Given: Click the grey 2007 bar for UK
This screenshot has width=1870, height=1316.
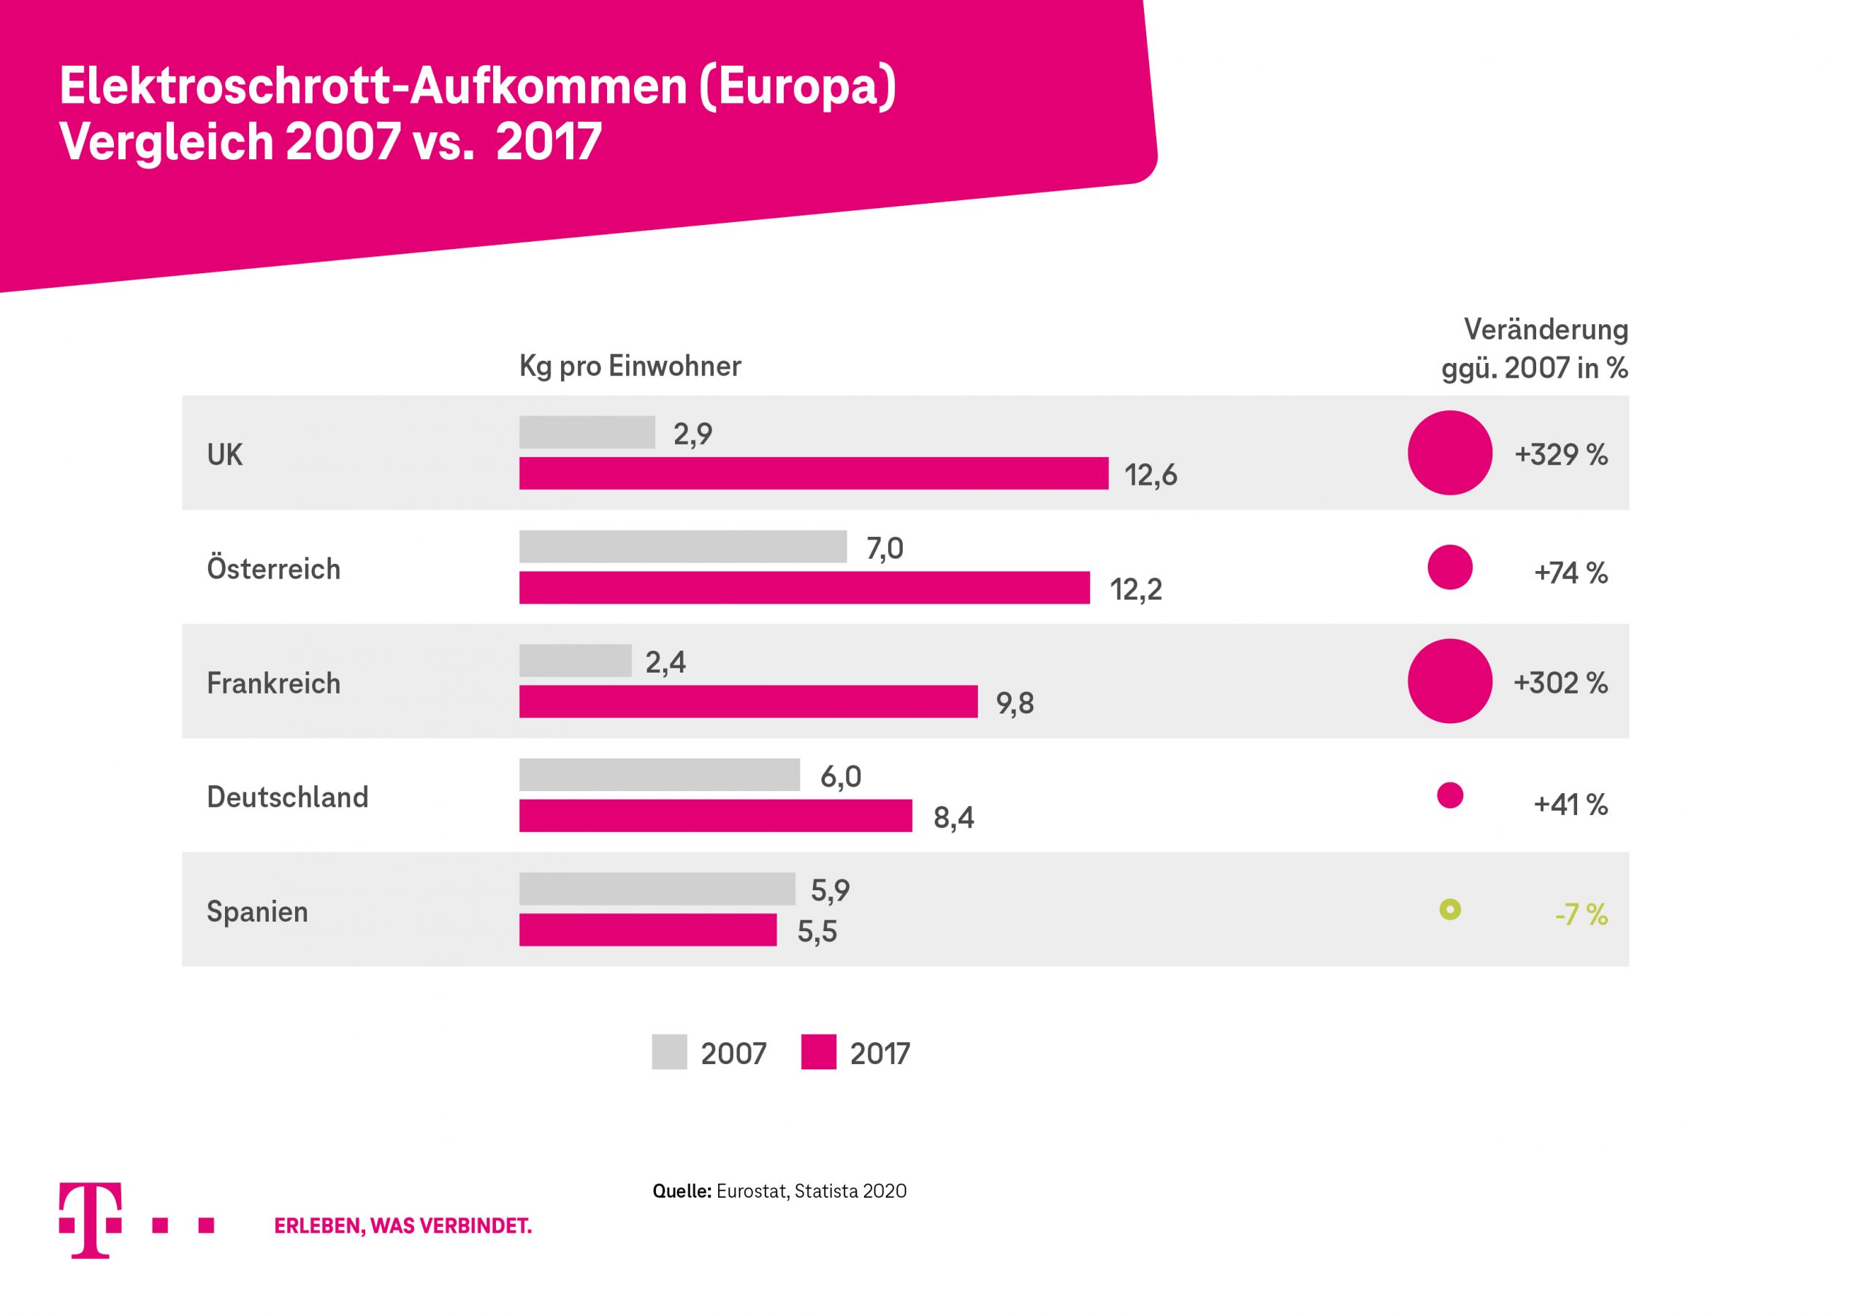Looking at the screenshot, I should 587,432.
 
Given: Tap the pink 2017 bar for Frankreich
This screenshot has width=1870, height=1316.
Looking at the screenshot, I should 748,701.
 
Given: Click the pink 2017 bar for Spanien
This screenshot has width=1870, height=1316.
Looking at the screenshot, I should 647,929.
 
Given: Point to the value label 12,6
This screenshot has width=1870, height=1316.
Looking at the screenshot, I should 1150,475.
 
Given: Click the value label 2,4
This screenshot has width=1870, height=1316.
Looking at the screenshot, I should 665,662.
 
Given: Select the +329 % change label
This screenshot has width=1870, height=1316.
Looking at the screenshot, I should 1560,454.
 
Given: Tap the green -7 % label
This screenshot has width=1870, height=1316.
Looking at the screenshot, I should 1580,914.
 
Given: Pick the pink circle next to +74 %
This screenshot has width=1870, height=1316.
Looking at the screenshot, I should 1450,567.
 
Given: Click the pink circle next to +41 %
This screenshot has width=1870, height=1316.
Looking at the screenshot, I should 1450,795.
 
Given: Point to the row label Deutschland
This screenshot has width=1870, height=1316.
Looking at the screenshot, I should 288,797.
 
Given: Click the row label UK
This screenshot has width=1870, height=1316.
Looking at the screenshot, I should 225,454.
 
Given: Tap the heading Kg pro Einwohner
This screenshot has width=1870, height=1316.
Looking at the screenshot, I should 630,367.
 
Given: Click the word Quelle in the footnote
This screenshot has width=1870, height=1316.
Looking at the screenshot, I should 682,1190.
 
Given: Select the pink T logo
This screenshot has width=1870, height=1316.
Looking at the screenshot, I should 91,1220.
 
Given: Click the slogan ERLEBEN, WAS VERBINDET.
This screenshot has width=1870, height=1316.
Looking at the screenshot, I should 402,1225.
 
